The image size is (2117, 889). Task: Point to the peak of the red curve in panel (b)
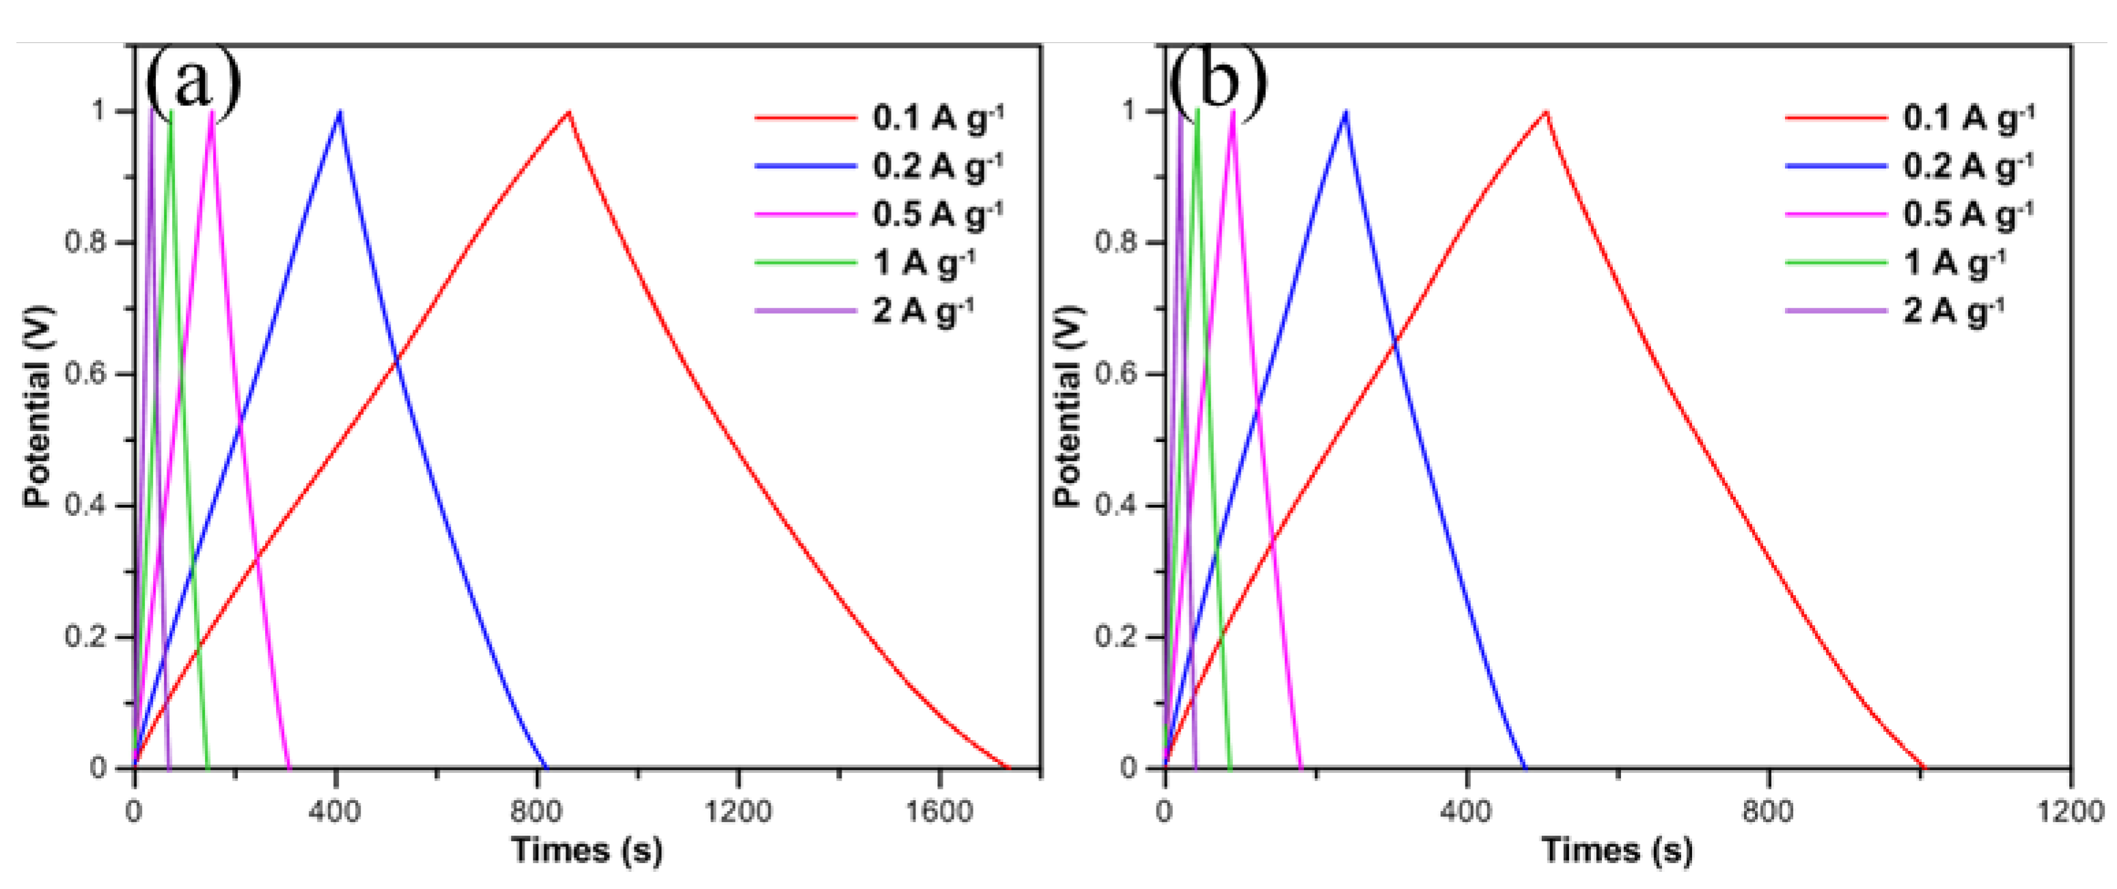tap(1547, 112)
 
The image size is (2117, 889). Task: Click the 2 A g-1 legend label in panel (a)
tap(923, 312)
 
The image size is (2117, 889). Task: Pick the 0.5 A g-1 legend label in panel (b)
tap(1968, 215)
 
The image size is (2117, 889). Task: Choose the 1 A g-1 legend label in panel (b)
tap(1954, 263)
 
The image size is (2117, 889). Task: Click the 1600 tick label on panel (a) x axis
tap(939, 812)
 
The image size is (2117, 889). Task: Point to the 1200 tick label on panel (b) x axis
tap(2069, 812)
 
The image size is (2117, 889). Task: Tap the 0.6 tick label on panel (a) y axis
tap(85, 374)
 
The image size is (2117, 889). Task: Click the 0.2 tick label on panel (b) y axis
tap(1116, 638)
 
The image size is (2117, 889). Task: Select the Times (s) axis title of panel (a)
tap(587, 849)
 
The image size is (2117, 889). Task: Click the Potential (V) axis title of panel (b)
tap(1068, 407)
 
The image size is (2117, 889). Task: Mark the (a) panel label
tap(194, 82)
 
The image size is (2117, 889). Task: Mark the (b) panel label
tap(1218, 82)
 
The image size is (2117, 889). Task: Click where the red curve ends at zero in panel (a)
tap(1008, 767)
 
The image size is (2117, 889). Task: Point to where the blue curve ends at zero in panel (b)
tap(1525, 767)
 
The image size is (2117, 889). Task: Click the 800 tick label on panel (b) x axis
tap(1768, 812)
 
